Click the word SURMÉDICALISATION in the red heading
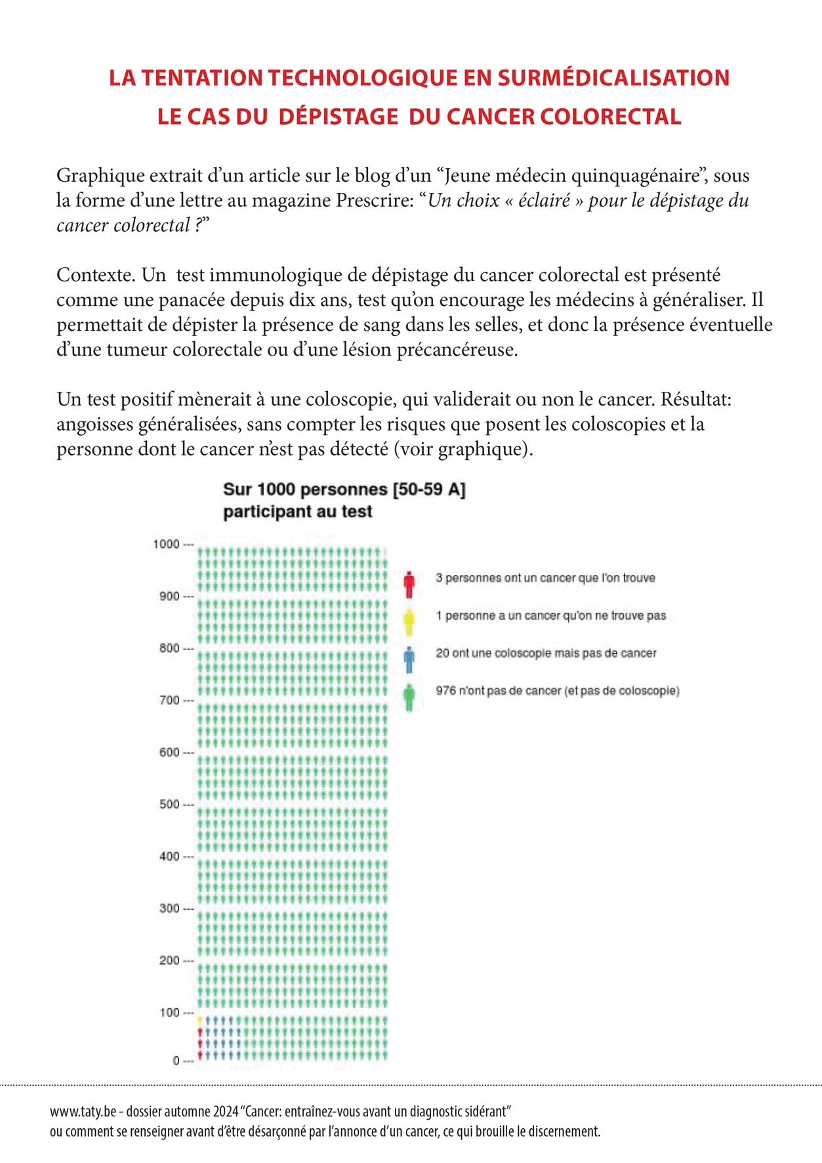click(x=613, y=78)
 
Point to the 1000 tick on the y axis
click(x=166, y=544)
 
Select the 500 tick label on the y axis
click(x=169, y=804)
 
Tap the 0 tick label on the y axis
click(x=176, y=1061)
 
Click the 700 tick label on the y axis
click(x=169, y=700)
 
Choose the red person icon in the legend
click(x=409, y=584)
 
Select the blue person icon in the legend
click(x=409, y=660)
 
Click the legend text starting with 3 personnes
click(x=545, y=578)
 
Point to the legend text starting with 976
click(x=557, y=691)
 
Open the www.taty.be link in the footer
click(x=83, y=1112)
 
